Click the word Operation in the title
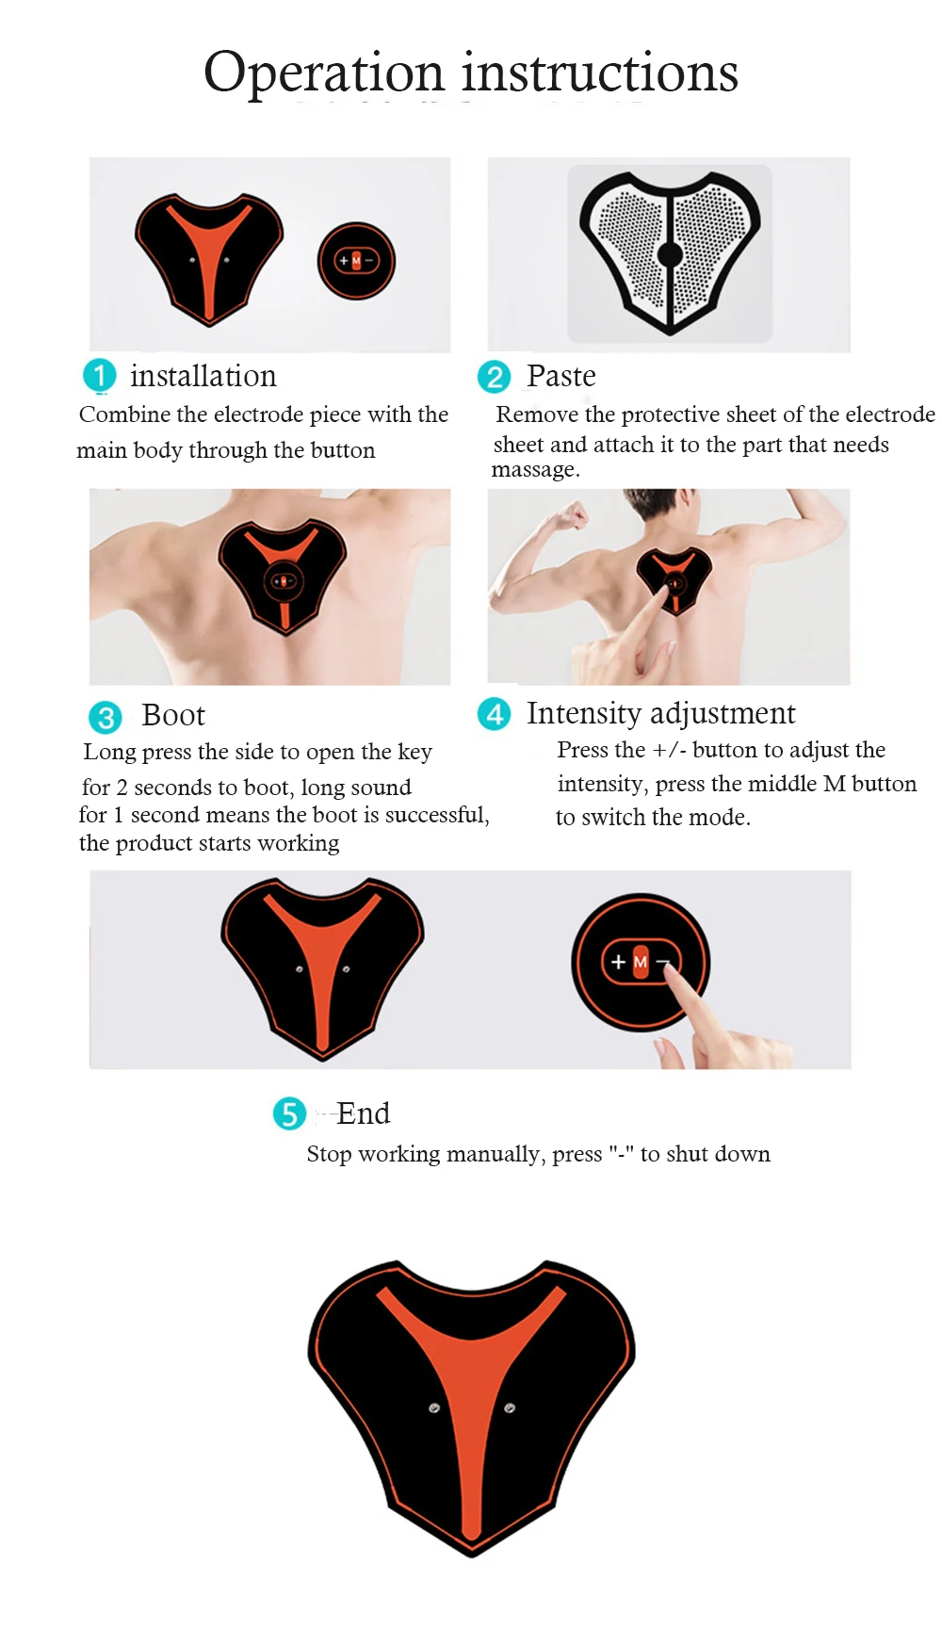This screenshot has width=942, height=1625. pos(324,73)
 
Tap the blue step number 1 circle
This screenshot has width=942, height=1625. pos(100,375)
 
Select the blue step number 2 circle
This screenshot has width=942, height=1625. pos(494,377)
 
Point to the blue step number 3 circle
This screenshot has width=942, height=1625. pos(106,717)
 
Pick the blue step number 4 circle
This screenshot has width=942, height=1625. pos(494,714)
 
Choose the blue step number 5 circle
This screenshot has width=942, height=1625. pos(289,1113)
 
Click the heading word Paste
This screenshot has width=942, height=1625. pos(561,376)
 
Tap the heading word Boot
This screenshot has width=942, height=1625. pos(173,715)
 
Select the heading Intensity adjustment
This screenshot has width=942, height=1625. pos(660,713)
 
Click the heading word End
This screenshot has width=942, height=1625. pos(364,1113)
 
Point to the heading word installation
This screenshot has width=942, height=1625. pos(203,376)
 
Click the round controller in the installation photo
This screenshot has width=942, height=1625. pos(356,261)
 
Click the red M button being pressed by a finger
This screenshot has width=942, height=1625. pos(641,962)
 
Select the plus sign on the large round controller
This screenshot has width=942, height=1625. pos(618,962)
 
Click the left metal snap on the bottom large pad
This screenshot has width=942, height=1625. pos(434,1408)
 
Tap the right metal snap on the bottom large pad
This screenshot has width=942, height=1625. pos(510,1408)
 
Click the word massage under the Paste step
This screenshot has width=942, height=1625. pos(533,469)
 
